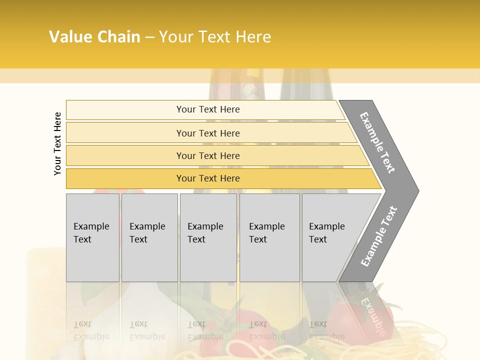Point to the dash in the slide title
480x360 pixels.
click(x=149, y=37)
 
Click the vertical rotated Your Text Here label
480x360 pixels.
click(x=57, y=144)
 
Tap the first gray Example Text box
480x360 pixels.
click(x=92, y=237)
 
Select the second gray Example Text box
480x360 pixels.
click(x=149, y=237)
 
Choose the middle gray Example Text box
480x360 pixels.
click(x=208, y=237)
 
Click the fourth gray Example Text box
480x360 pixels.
click(x=269, y=237)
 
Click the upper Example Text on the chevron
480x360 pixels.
click(x=377, y=142)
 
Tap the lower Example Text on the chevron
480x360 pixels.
click(x=378, y=236)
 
